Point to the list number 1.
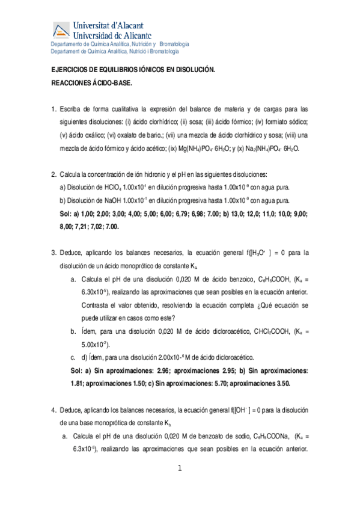(x=53, y=109)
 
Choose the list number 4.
(x=53, y=410)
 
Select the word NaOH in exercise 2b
(x=112, y=200)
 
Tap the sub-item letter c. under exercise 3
(x=73, y=357)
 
